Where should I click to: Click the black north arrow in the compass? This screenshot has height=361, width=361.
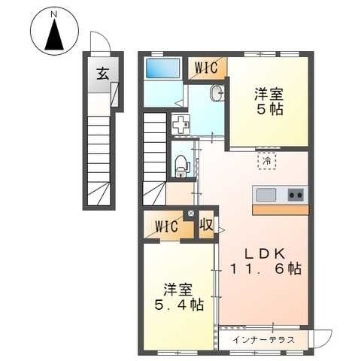pos(54,35)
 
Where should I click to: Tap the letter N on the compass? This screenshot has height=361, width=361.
pos(53,15)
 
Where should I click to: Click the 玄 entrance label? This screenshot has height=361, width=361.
pos(103,74)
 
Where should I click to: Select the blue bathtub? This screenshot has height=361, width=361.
pos(163,68)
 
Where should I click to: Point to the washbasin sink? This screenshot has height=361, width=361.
pos(217,93)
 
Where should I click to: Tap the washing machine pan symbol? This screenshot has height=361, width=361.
pos(180,124)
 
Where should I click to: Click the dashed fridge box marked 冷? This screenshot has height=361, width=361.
pos(267,161)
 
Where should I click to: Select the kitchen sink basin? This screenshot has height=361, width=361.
pos(266,195)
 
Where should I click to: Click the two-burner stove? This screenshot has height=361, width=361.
pos(296,195)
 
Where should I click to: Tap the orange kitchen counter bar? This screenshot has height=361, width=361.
pos(281,210)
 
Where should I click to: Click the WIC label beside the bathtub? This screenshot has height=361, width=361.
pos(206,68)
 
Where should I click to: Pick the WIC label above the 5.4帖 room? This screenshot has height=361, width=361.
pos(166,226)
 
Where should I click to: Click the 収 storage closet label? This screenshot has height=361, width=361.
pos(206,225)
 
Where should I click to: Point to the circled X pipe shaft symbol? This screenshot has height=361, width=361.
pos(191,214)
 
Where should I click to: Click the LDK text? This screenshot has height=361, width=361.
pos(265,254)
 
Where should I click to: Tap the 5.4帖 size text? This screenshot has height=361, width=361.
pos(179,305)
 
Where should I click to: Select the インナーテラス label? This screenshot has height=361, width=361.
pos(263,340)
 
